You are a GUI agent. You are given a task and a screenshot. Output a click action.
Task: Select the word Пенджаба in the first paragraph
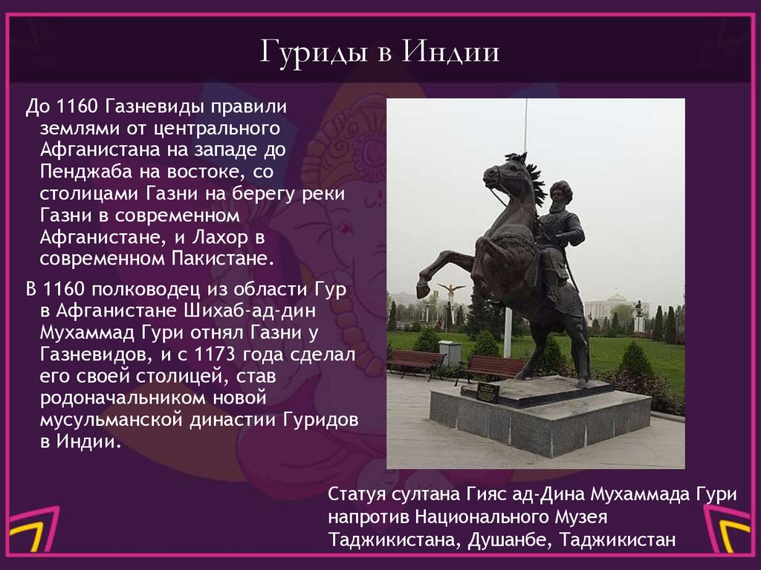[80, 172]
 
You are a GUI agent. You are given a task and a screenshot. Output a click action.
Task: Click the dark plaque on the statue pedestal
[488, 392]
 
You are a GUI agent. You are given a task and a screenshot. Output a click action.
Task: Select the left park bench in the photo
[415, 362]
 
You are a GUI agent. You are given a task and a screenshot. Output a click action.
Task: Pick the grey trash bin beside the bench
[450, 352]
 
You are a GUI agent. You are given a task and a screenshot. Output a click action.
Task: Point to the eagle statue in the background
[451, 289]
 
